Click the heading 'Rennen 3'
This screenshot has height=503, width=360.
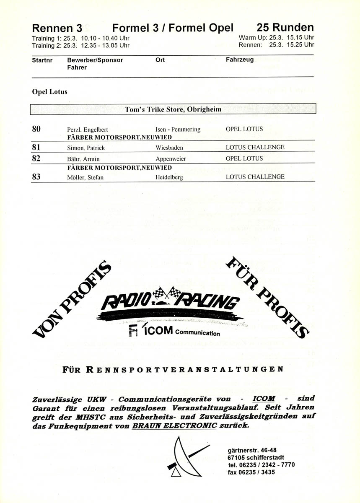(x=57, y=29)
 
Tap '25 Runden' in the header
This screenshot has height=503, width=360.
(x=285, y=28)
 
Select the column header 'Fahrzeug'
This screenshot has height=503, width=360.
(x=240, y=60)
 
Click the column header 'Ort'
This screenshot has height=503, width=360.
(x=160, y=60)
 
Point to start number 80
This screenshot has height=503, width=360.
(x=36, y=129)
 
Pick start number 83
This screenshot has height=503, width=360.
(x=36, y=177)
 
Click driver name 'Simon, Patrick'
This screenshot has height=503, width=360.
(x=86, y=148)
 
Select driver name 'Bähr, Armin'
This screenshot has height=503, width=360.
(x=83, y=159)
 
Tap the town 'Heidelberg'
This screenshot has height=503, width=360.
(x=169, y=177)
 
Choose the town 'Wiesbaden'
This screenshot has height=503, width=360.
(x=169, y=148)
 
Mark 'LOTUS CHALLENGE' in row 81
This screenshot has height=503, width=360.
(x=255, y=148)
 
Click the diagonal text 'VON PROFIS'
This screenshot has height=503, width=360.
(x=73, y=300)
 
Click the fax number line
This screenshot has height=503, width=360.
(x=251, y=472)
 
